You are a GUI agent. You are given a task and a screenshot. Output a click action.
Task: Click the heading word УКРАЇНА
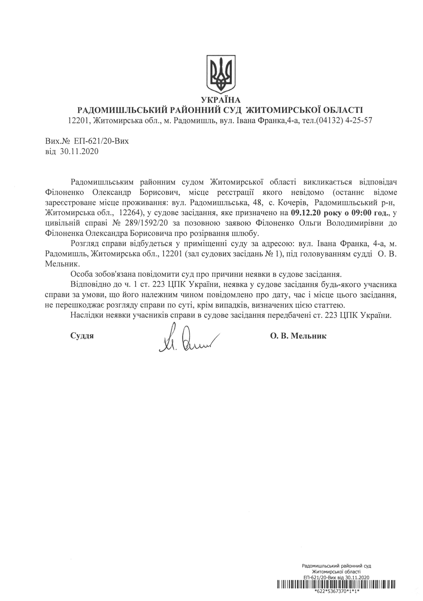tap(221, 100)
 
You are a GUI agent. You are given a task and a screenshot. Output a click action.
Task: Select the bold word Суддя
tap(82, 336)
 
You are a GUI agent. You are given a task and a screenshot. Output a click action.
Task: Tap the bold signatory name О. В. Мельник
tap(298, 336)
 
